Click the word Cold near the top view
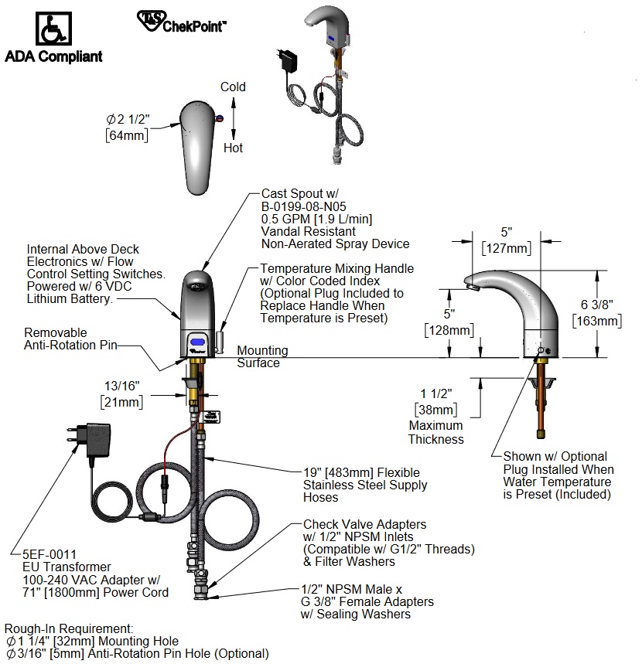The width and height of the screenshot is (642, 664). tap(233, 87)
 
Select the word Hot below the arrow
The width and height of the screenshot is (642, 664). tap(233, 148)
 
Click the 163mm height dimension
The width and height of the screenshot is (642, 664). tap(596, 321)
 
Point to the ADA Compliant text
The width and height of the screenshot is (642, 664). tap(53, 56)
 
